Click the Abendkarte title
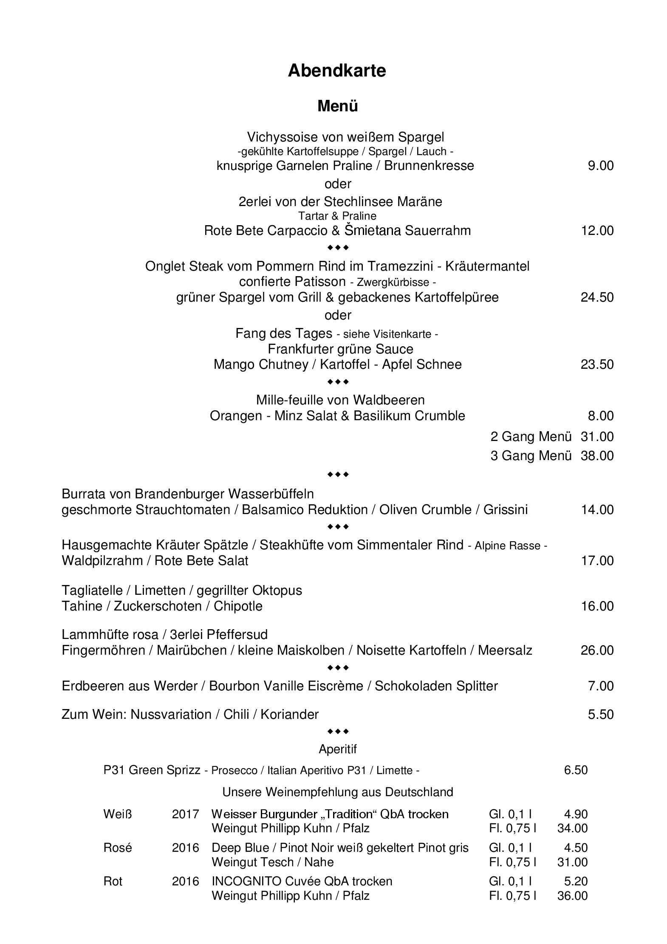pos(336,71)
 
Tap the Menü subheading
pos(337,106)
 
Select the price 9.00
pos(600,166)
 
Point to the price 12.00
pos(597,231)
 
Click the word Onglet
pos(165,266)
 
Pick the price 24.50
pos(597,297)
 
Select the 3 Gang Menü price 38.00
pos(597,456)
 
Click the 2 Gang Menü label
pos(531,437)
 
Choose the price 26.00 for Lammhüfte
pos(597,650)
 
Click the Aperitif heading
pos(338,749)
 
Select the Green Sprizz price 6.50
pos(576,770)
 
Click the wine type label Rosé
pos(118,848)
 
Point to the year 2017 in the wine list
pos(185,814)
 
